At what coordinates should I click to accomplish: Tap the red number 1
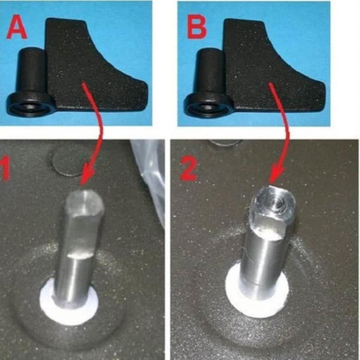coord(5,168)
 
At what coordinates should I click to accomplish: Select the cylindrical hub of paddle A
coord(31,72)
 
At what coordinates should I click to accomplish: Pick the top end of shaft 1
coord(85,202)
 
